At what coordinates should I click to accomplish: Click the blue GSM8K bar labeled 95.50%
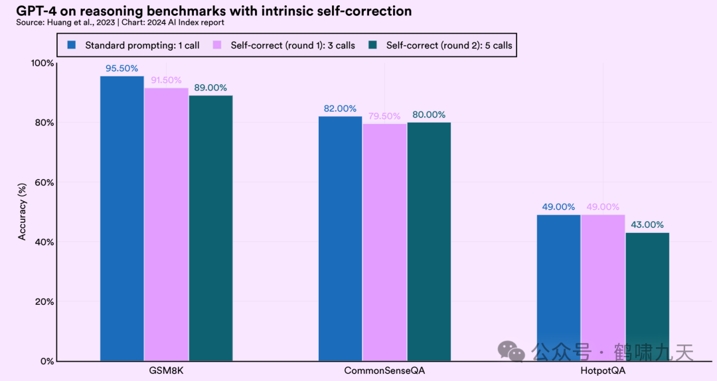point(121,219)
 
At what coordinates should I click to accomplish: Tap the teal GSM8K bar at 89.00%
point(210,228)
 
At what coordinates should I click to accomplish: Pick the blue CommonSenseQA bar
point(340,239)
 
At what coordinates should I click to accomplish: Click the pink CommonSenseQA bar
point(384,242)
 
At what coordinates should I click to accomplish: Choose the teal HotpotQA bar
point(647,297)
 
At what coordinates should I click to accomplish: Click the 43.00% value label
point(647,224)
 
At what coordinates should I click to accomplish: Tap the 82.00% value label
point(340,108)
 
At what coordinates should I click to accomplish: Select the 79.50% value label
point(384,116)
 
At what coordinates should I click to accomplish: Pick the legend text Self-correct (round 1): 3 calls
point(293,46)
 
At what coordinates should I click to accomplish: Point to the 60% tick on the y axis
point(44,183)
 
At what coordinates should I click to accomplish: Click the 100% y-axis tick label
point(42,63)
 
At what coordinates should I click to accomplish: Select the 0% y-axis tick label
point(47,361)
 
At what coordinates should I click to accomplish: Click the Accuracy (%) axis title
point(22,212)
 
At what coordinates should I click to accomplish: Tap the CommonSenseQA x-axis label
point(384,370)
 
